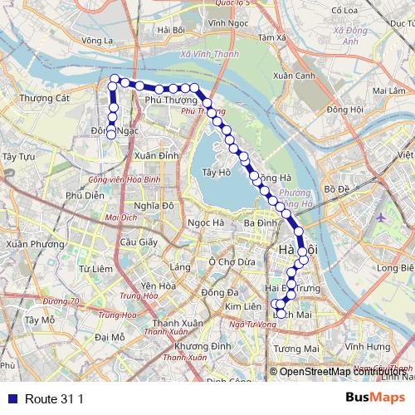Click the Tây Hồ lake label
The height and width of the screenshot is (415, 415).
215,173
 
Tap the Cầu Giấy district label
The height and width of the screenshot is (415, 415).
139,242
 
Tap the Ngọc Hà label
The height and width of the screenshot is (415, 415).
206,222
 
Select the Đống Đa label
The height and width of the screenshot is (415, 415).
220,292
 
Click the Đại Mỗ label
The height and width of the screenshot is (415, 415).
110,337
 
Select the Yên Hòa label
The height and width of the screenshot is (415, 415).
158,286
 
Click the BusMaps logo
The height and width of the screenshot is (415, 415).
370,398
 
